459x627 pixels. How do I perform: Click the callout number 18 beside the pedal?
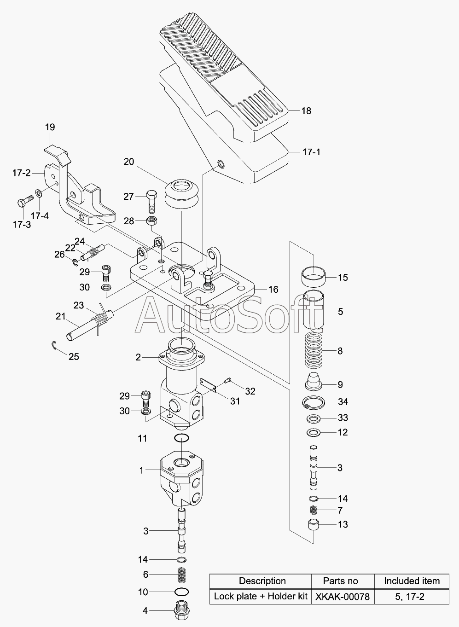306,111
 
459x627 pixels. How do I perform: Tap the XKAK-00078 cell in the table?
343,597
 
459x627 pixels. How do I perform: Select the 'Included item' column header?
412,581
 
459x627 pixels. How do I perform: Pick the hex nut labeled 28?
151,221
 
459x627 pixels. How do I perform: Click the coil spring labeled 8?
313,351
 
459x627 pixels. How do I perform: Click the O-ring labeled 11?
181,438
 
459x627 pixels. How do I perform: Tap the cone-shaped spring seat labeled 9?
314,383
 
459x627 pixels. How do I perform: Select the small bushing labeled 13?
314,524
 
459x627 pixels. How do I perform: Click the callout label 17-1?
311,152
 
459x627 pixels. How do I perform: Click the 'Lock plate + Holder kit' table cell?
261,597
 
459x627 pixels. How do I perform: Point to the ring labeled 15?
314,277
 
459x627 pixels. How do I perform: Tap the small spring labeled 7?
314,510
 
